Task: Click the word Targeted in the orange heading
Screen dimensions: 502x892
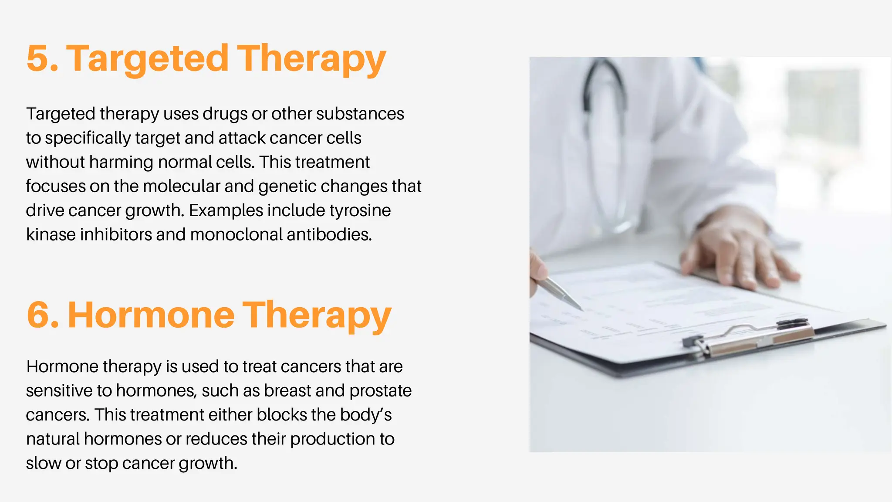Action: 147,59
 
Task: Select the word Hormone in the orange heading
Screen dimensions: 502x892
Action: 151,315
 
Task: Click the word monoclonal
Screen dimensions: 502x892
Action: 237,234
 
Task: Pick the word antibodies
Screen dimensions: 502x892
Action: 329,234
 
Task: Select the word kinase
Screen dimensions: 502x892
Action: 51,234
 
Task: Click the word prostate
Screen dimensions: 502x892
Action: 380,391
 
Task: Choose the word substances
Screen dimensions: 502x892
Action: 360,114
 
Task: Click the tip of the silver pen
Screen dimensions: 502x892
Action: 582,309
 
